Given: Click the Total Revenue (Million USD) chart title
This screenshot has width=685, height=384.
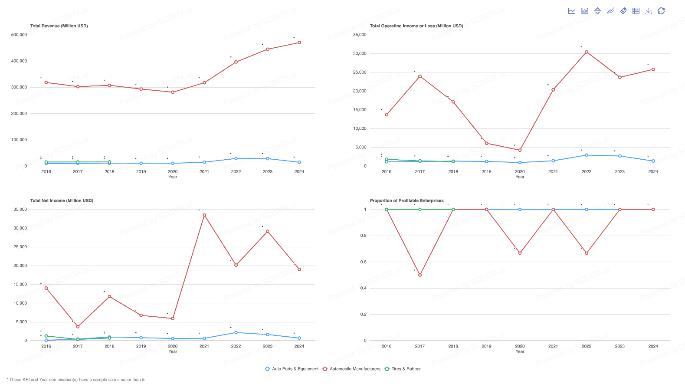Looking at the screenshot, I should (x=59, y=26).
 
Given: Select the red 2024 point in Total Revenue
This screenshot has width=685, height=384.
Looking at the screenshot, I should (x=299, y=43).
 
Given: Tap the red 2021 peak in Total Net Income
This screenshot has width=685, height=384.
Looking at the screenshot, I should (x=204, y=215).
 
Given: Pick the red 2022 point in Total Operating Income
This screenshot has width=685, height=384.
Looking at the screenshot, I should (x=587, y=52).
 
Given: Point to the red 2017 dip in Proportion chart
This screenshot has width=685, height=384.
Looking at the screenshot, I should (x=420, y=275).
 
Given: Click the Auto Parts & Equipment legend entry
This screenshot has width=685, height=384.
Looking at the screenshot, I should (x=292, y=369).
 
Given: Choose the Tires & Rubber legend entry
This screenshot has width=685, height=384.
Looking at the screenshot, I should (x=402, y=369).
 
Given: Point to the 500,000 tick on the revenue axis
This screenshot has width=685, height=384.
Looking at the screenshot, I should (x=19, y=35).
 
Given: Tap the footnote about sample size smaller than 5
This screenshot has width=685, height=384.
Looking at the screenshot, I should (x=76, y=380).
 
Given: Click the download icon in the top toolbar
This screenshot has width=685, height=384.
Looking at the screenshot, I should (x=649, y=11).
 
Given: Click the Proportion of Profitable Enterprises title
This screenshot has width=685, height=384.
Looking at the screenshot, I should (x=406, y=200).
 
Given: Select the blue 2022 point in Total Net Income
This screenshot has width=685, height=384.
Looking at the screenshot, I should (x=236, y=333).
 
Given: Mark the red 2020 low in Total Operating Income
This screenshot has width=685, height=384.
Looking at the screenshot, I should (x=520, y=150).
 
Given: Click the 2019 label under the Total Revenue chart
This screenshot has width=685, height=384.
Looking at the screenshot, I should (x=141, y=172).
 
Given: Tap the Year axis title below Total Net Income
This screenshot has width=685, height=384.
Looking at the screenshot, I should (x=173, y=351).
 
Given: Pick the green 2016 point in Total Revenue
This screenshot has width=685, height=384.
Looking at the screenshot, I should (x=46, y=162).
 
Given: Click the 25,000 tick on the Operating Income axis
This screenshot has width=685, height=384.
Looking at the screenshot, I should (x=360, y=72).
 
